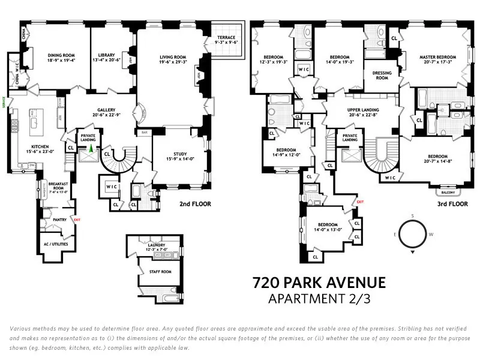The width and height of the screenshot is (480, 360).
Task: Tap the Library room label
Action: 109,58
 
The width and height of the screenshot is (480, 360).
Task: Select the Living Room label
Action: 172,58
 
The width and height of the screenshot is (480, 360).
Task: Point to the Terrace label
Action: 226,40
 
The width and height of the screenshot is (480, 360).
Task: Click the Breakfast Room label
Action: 58,187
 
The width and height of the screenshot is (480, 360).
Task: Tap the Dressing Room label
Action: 382,76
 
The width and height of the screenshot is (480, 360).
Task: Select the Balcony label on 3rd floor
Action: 446,193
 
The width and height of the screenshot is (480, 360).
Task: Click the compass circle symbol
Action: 413,233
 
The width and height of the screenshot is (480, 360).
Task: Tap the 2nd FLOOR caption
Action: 195,204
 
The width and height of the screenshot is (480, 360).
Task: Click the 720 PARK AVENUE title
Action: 319,283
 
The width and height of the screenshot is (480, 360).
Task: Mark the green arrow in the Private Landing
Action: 91,148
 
